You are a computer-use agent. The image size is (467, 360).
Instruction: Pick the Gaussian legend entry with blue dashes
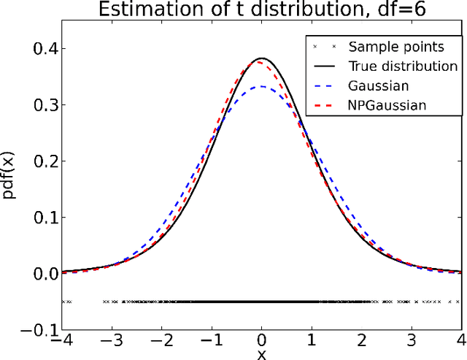pyautogui.click(x=377, y=85)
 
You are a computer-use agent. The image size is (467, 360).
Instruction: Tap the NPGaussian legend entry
pyautogui.click(x=387, y=105)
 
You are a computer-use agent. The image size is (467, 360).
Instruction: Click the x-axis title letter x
pyautogui.click(x=262, y=354)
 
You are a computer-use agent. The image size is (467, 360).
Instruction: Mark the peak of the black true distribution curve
pyautogui.click(x=262, y=58)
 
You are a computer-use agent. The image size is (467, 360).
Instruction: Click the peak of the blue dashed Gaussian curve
pyautogui.click(x=262, y=86)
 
